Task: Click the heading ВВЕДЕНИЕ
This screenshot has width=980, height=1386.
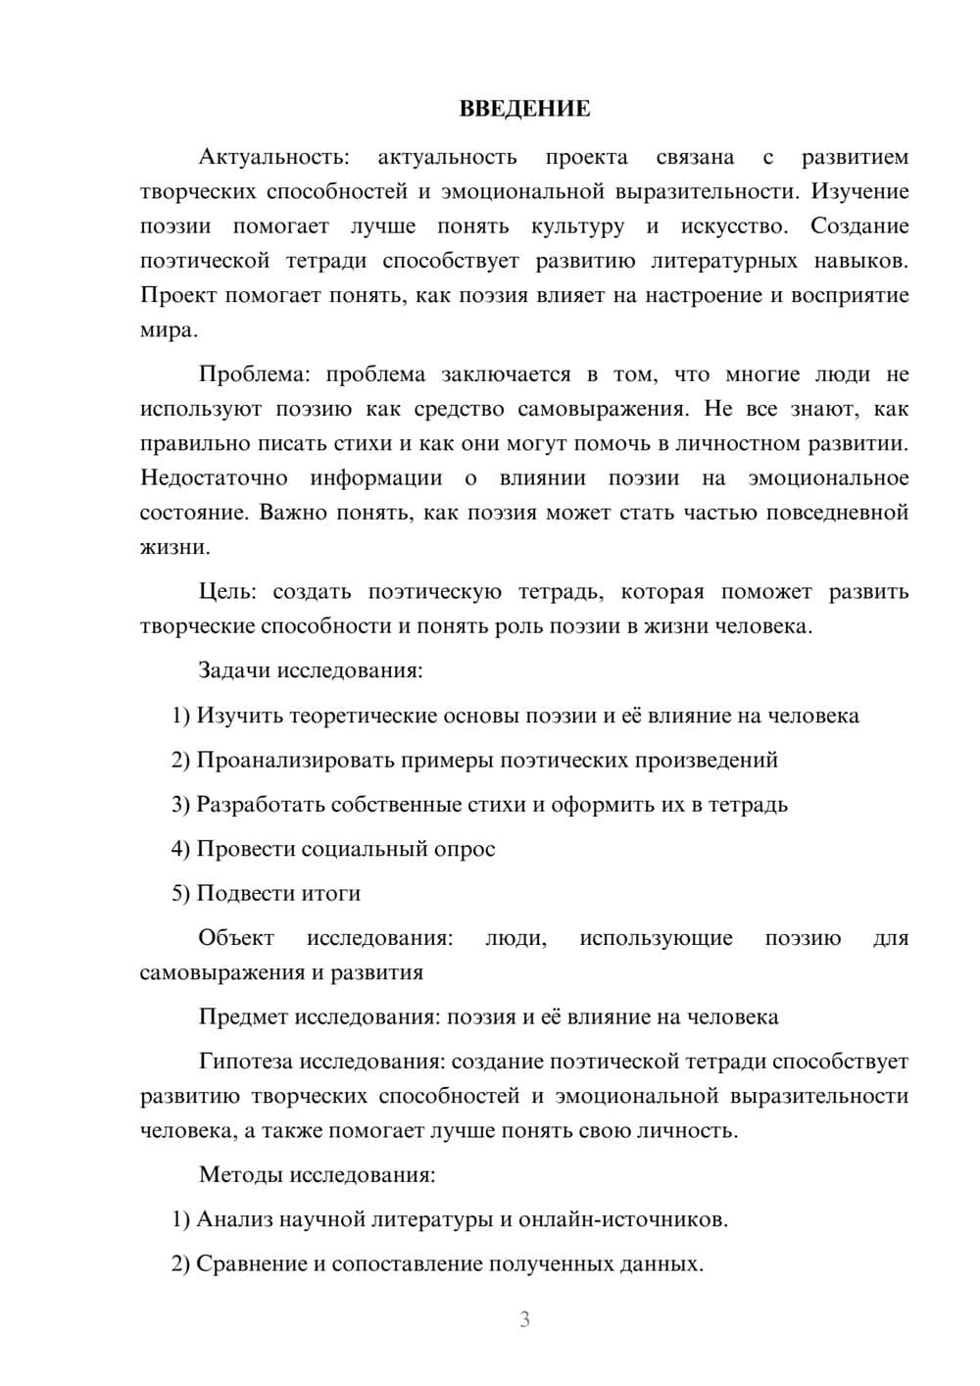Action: [x=524, y=109]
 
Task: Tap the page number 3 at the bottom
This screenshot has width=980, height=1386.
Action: [x=524, y=1319]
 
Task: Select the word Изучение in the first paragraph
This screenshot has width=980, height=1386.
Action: [x=859, y=191]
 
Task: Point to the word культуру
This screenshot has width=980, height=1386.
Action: [x=577, y=226]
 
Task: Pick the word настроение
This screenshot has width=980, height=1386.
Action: [x=702, y=295]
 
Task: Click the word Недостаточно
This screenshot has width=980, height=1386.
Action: [x=214, y=478]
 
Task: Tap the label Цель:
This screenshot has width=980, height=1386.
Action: [x=227, y=592]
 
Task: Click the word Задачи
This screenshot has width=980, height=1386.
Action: [x=234, y=671]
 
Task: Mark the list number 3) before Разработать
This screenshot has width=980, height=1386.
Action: [x=180, y=805]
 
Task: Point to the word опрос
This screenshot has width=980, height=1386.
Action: [x=465, y=849]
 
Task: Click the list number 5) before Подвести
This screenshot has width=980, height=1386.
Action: [x=180, y=893]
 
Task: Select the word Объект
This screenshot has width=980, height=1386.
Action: [x=236, y=938]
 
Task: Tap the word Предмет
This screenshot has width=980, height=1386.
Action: [x=243, y=1016]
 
